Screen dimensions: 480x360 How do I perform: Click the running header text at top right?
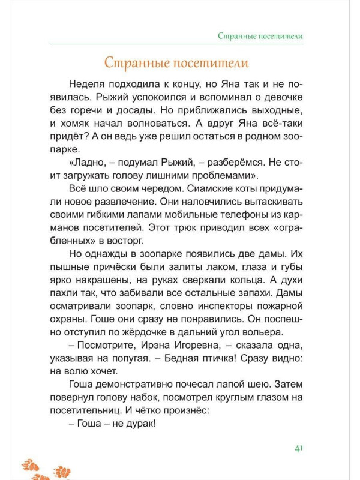pos(260,36)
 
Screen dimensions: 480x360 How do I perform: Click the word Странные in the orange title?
pos(134,62)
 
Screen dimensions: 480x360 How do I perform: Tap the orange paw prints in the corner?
pos(45,469)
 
